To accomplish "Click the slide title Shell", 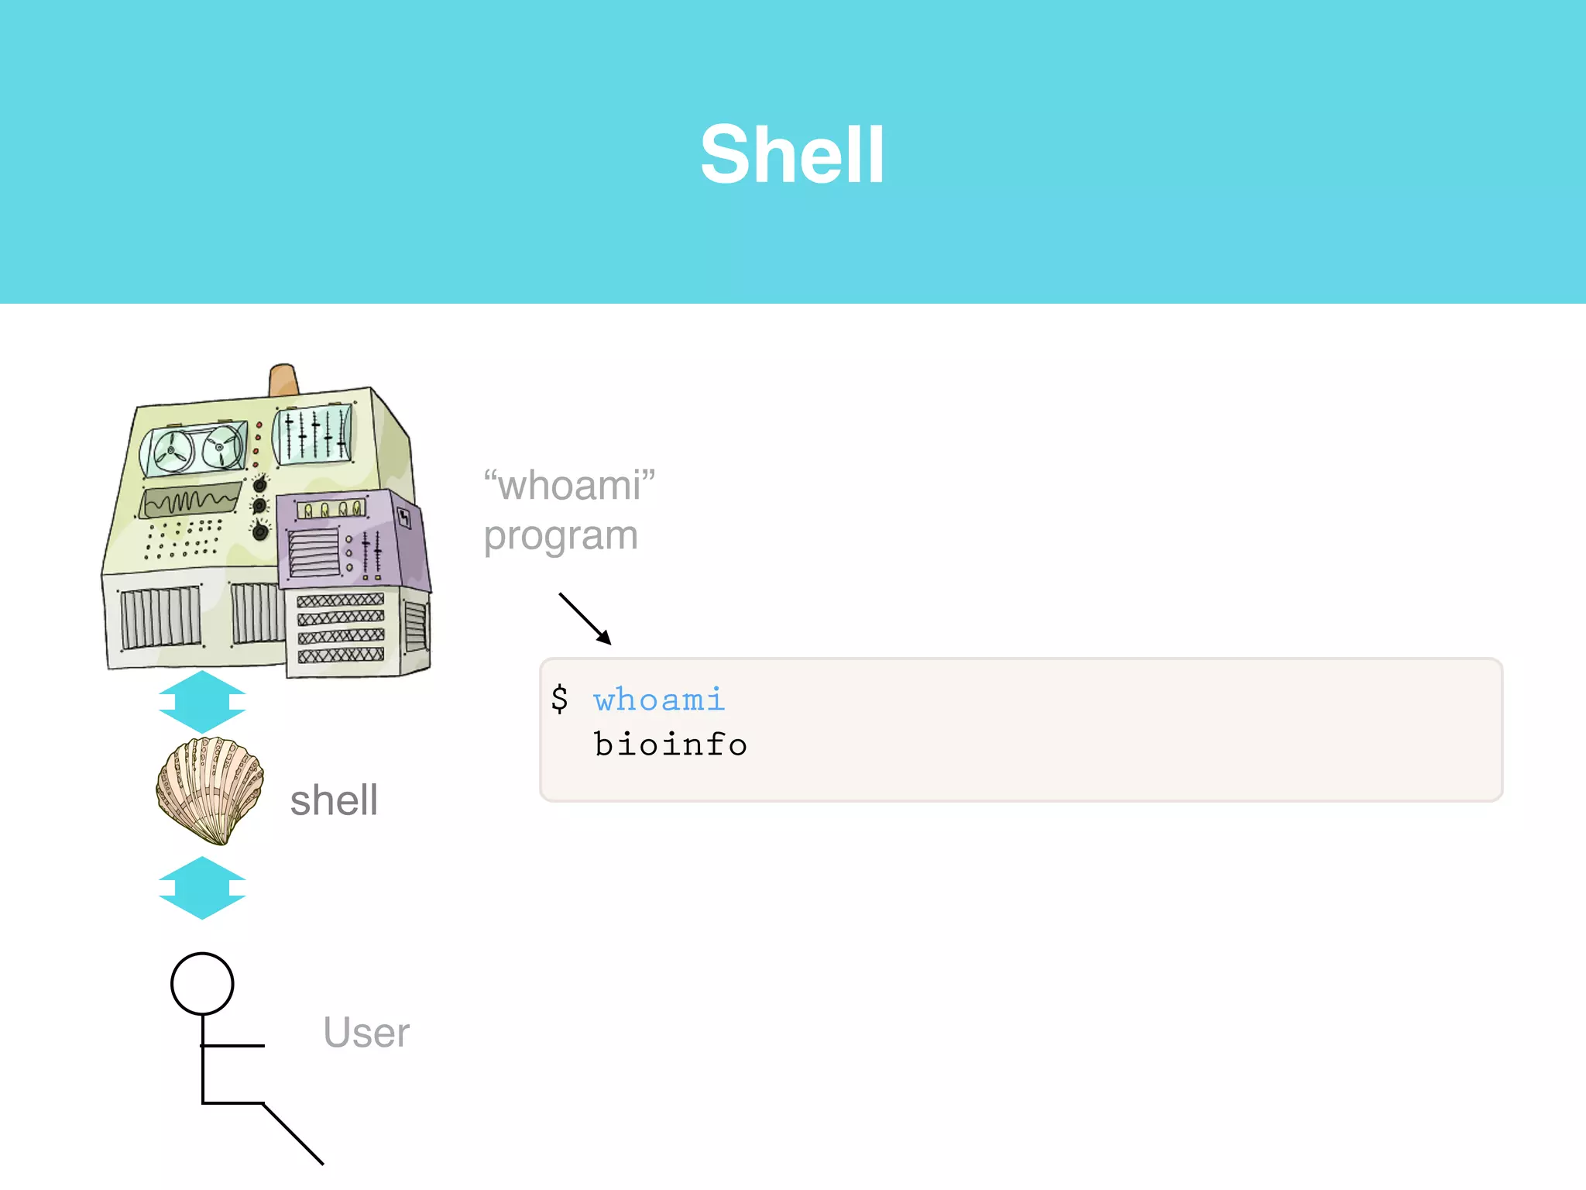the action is [792, 155].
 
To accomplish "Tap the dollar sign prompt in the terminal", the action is [559, 699].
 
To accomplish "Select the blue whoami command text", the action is [659, 700].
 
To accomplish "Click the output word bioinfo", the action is [671, 745].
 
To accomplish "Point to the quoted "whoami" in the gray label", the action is [569, 486].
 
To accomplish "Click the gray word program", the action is [561, 536].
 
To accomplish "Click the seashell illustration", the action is [210, 789].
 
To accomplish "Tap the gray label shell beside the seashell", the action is [334, 800].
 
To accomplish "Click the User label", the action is [366, 1033].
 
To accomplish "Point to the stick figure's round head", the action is [202, 984].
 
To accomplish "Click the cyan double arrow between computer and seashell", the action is [202, 702].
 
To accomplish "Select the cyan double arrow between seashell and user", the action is [202, 888].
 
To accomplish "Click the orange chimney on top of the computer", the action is [283, 380].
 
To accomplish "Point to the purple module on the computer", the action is [348, 538].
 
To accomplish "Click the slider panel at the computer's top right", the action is [313, 435].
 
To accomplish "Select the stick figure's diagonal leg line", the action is [294, 1133].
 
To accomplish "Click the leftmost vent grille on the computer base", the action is [160, 617].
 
